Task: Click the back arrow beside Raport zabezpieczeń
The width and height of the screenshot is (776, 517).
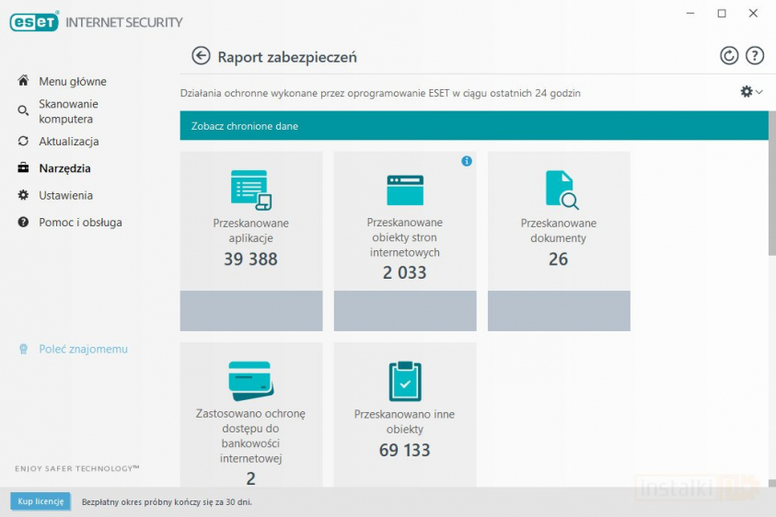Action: coord(201,56)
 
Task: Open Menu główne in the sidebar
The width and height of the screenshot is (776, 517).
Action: coord(72,81)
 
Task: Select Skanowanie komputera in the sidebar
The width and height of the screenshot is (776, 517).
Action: coord(67,111)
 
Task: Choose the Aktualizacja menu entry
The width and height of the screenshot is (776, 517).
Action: coord(68,142)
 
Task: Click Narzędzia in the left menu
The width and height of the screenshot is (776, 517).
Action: coord(64,168)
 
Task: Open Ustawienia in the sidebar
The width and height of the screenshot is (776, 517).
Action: coord(65,195)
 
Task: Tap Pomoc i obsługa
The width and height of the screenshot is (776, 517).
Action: coord(80,222)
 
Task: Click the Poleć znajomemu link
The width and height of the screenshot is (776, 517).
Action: coord(83,350)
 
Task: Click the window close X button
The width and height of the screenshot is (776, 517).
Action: coord(753,13)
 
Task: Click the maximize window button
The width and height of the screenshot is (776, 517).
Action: coord(722,13)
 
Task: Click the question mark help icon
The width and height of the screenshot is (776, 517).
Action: coord(755,56)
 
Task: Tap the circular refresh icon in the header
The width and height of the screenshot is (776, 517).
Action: coord(729,56)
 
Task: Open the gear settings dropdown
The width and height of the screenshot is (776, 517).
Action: coord(750,92)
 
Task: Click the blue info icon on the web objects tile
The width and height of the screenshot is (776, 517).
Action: coord(467,161)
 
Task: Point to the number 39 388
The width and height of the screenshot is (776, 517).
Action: coord(250,259)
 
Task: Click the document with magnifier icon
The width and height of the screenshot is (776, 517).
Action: coord(561,190)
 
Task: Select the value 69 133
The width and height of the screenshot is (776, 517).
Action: coord(404,450)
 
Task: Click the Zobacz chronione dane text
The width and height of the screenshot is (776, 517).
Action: coord(245,126)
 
